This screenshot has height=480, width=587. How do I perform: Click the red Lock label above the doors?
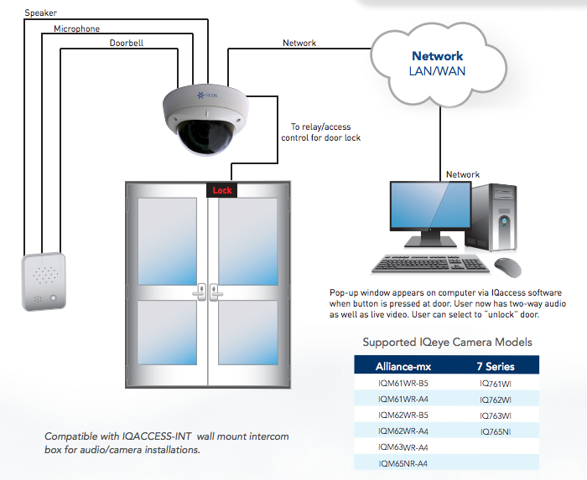[x=222, y=190]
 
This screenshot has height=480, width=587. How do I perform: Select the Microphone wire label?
[x=76, y=28]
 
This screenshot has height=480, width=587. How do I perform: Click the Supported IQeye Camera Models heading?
[x=447, y=342]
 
